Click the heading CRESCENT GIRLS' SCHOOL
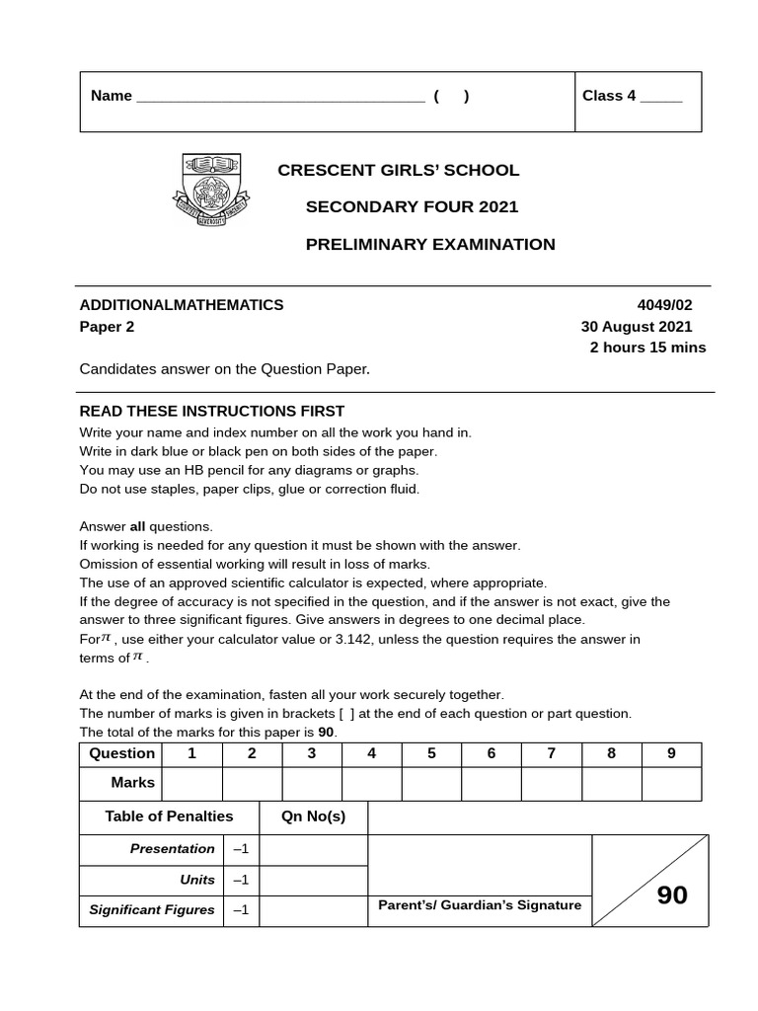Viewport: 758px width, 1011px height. (398, 170)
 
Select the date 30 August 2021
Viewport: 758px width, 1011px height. (637, 327)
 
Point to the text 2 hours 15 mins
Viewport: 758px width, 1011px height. (647, 348)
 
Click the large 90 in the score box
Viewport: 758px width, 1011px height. (672, 895)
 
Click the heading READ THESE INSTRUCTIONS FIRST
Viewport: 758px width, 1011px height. (212, 411)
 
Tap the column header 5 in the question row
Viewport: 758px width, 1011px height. (431, 753)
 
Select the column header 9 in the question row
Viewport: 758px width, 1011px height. (671, 753)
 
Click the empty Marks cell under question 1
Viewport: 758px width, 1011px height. (192, 783)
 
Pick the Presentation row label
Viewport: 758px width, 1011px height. (172, 849)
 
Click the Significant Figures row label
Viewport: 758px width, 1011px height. (152, 910)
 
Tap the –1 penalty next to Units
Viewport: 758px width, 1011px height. (241, 880)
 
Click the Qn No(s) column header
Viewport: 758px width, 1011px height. (313, 817)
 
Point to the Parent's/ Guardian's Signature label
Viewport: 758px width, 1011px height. (480, 905)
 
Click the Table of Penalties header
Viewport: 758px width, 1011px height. (169, 817)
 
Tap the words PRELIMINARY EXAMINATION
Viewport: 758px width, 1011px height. (430, 244)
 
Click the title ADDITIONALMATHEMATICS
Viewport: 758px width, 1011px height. (182, 305)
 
